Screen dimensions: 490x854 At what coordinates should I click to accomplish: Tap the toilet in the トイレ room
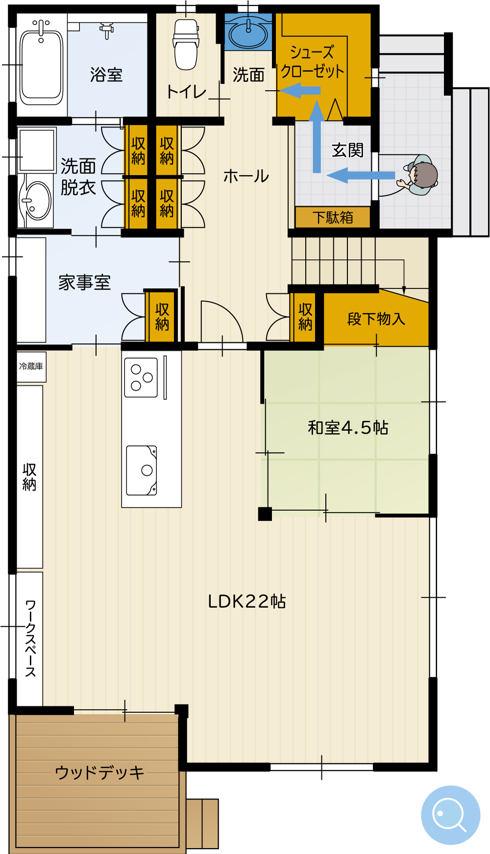[186, 44]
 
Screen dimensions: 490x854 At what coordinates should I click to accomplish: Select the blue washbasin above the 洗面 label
[248, 32]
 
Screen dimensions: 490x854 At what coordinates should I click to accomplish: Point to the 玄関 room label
[347, 150]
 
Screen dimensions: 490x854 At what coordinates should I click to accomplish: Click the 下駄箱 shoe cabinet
[333, 217]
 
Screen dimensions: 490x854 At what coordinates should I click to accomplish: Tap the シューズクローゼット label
[312, 62]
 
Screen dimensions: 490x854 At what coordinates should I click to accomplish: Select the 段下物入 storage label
[376, 319]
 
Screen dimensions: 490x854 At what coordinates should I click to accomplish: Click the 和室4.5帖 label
[348, 428]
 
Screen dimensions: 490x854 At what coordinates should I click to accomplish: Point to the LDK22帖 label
[247, 602]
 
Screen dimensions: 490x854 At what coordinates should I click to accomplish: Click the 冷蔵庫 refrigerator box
[31, 367]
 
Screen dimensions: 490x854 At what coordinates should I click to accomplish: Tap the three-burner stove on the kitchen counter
[141, 377]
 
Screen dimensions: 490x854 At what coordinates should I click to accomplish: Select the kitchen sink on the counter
[142, 471]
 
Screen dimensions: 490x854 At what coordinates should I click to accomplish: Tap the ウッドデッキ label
[99, 773]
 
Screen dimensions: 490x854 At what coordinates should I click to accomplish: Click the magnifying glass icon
[450, 815]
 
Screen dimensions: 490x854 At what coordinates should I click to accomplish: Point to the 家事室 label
[84, 283]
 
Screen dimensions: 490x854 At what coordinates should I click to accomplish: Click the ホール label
[246, 176]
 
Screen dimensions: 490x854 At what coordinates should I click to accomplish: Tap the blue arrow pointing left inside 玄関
[361, 176]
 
